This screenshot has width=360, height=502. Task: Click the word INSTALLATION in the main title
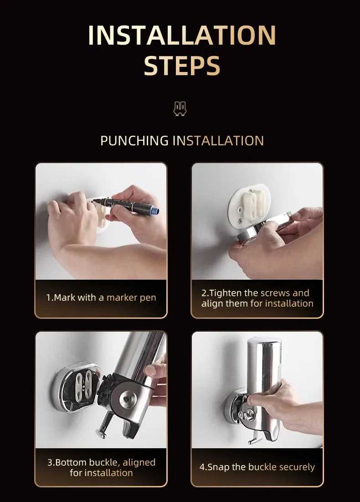pos(182,35)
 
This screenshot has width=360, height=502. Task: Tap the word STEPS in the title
pos(182,66)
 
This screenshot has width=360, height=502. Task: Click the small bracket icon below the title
pos(180,108)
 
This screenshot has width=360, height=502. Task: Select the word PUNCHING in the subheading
pos(134,141)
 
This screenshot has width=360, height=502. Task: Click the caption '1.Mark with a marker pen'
pos(101,297)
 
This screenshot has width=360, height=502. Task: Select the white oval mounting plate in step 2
pos(250,206)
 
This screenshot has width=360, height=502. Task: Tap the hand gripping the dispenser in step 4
pos(282,407)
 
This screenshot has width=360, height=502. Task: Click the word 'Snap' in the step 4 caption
pos(218,467)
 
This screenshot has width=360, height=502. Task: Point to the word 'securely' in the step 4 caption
pos(297,467)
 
